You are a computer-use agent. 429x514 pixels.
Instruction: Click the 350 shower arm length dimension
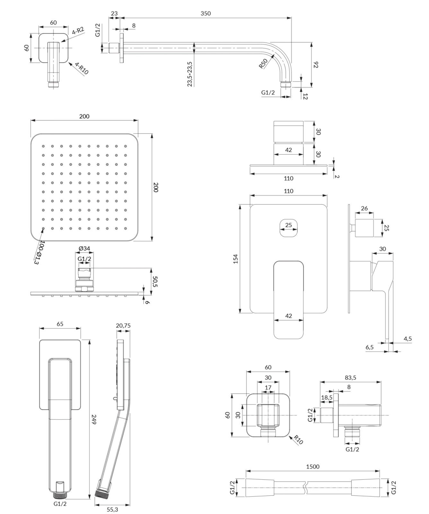click(206, 13)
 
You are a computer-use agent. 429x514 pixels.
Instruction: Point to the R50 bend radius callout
click(263, 64)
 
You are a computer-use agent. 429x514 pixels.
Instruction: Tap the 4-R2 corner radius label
click(78, 31)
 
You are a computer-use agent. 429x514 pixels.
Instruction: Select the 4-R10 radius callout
click(82, 68)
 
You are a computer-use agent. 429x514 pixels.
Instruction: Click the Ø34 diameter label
click(84, 248)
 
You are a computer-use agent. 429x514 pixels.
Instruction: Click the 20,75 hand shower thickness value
click(123, 325)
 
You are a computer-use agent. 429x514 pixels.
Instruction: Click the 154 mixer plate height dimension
click(236, 259)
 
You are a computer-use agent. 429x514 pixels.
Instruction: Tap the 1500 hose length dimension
click(313, 466)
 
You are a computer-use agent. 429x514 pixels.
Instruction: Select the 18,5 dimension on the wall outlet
click(327, 397)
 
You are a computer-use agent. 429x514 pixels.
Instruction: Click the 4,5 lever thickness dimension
click(407, 339)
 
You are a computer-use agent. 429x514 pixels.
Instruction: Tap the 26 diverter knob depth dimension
click(364, 208)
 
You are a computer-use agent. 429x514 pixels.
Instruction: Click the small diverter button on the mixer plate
click(288, 228)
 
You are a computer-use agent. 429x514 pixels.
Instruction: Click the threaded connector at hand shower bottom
click(60, 495)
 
